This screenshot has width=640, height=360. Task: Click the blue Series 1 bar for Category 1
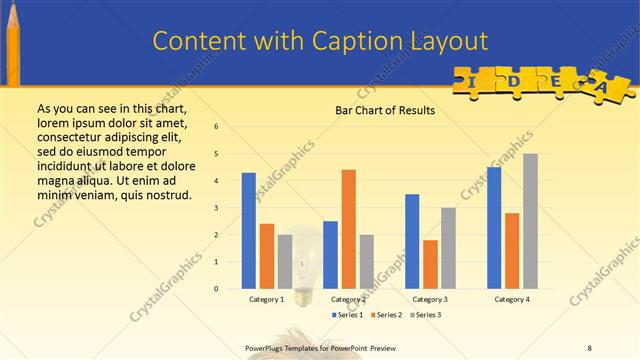[248, 230]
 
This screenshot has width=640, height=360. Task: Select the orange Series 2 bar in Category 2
[348, 229]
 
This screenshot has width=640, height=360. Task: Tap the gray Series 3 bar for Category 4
[530, 221]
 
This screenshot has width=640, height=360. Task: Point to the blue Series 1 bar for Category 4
[494, 227]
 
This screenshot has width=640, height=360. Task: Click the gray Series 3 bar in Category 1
[284, 261]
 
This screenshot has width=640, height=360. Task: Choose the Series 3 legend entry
[424, 315]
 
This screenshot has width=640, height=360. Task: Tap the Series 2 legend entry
[386, 315]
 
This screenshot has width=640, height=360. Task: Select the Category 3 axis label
[430, 299]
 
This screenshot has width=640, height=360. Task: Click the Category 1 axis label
[266, 299]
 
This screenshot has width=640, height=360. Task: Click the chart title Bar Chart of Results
[384, 110]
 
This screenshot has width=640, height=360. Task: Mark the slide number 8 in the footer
[590, 348]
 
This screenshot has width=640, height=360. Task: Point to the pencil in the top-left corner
[13, 40]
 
